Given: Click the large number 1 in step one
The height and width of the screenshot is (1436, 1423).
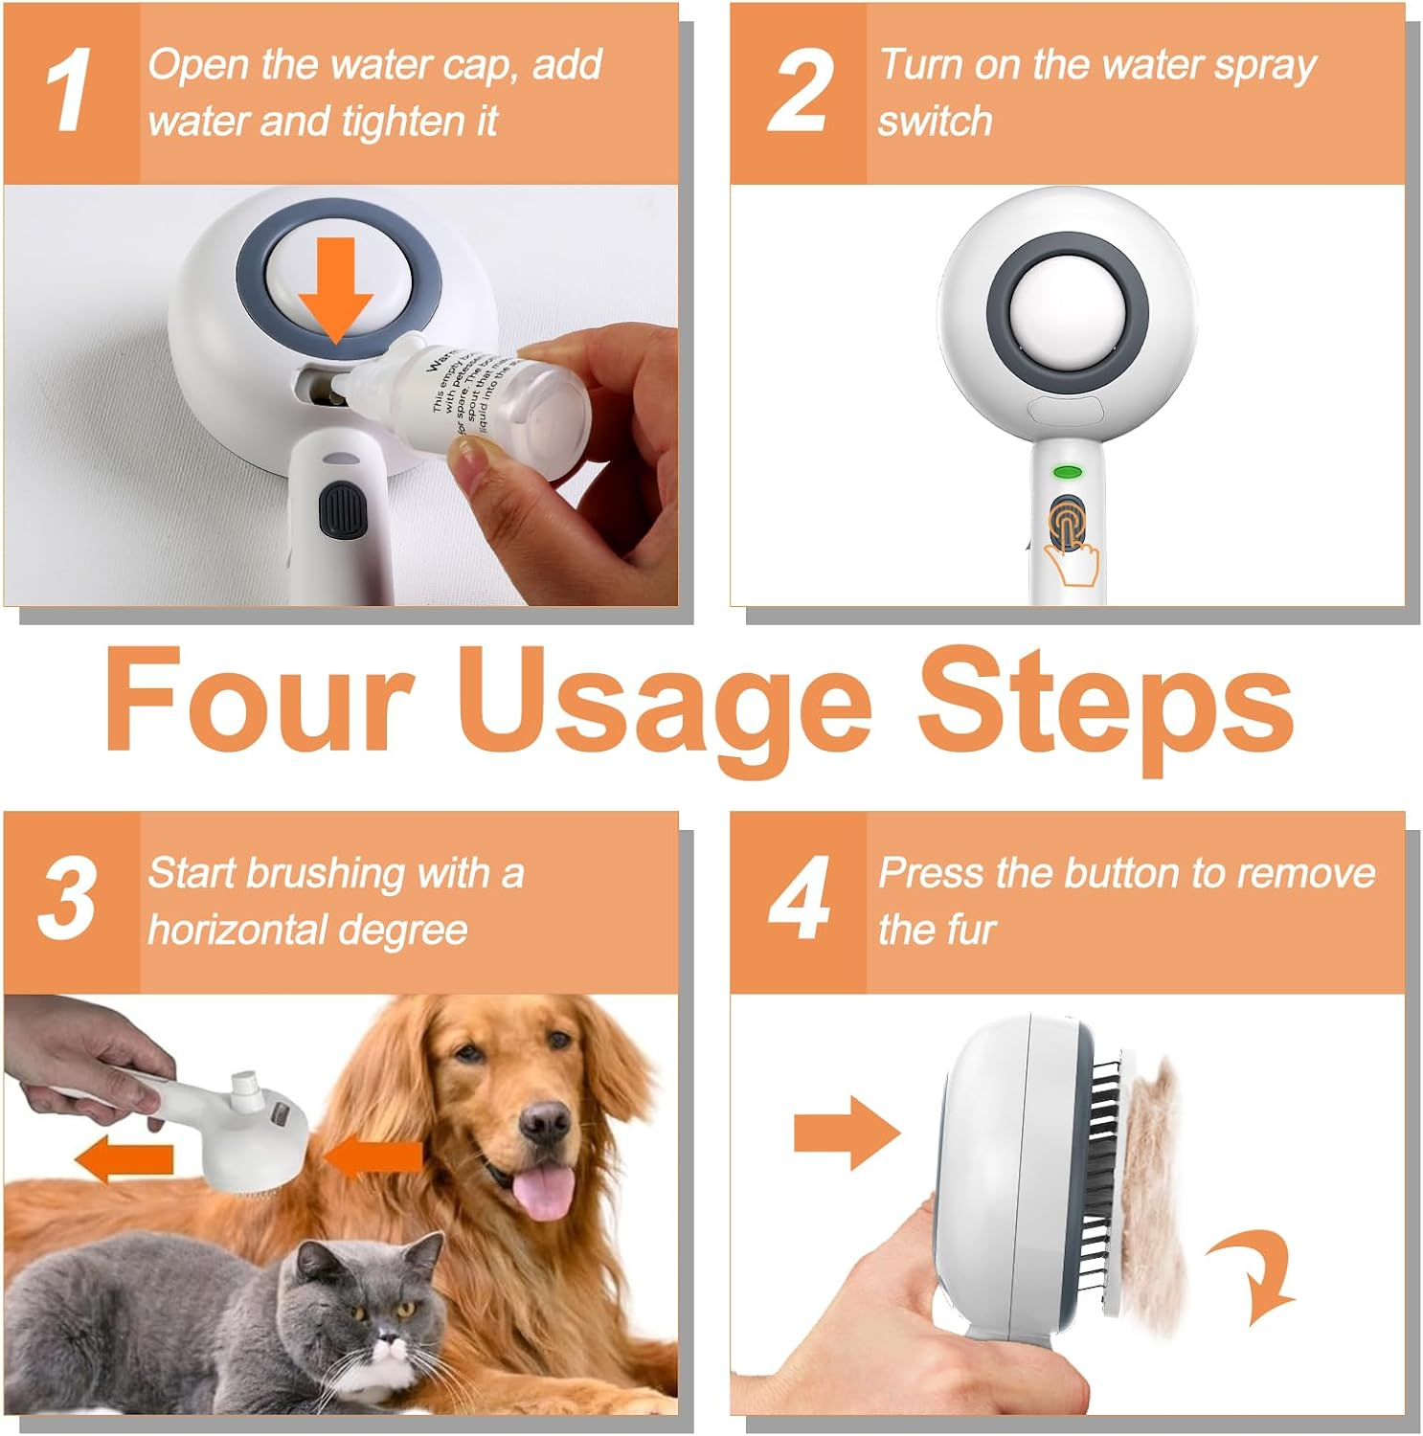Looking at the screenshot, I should click(x=69, y=91).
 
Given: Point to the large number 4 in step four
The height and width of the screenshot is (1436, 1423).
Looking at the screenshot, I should click(x=798, y=898).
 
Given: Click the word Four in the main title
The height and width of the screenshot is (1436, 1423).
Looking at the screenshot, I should click(x=259, y=699).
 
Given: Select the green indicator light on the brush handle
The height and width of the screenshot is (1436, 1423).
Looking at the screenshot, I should click(x=1067, y=471).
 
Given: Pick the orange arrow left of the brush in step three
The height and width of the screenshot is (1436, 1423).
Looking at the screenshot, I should click(x=124, y=1160).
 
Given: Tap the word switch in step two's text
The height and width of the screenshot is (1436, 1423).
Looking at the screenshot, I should click(x=935, y=122).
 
